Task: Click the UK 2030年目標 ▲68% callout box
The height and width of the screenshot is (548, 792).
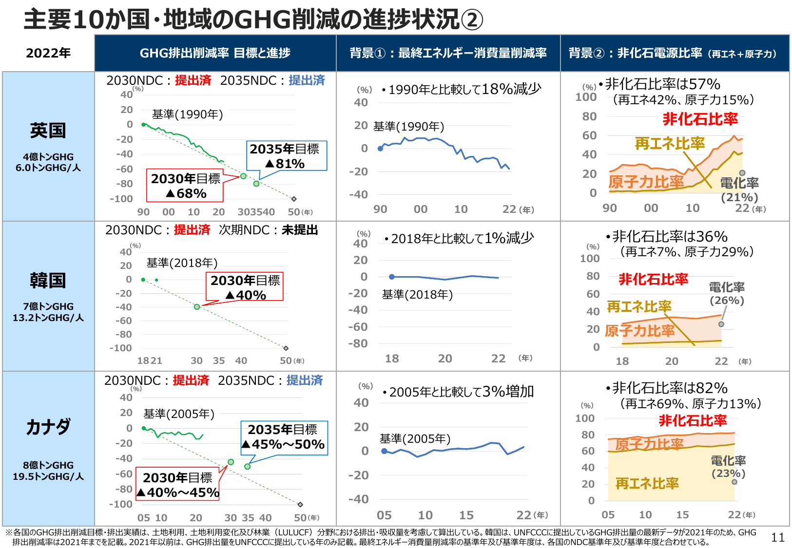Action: pos(185,186)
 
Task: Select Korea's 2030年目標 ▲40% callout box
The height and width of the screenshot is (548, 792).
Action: pos(245,287)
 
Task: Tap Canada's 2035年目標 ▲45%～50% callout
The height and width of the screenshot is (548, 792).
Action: pos(285,437)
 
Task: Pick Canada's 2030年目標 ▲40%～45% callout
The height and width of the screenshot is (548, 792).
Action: pos(178,485)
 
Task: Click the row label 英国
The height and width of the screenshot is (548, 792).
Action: pos(48,131)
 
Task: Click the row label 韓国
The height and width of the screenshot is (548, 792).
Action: pos(48,281)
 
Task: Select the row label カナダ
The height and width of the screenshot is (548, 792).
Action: pos(48,427)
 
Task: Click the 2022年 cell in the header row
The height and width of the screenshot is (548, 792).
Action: pos(48,53)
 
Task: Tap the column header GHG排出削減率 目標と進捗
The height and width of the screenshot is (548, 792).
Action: pos(215,53)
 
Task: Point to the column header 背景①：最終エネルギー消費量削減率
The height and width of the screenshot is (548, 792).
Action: pos(448,53)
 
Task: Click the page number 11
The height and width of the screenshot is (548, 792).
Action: pos(777,537)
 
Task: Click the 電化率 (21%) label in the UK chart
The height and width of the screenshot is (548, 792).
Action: pos(739,189)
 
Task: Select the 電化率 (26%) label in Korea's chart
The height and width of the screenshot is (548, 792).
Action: pos(727,293)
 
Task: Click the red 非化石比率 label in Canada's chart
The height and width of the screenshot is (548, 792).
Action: pos(693,420)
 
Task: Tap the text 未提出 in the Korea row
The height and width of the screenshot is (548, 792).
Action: pos(300,230)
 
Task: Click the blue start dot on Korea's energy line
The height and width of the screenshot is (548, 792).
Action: pos(392,277)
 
